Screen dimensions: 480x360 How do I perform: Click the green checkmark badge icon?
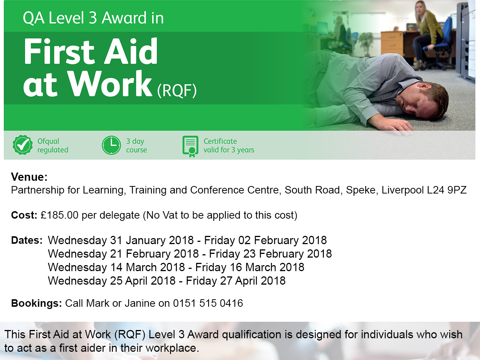(23, 145)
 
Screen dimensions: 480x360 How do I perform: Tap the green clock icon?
(111, 145)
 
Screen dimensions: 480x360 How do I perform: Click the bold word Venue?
(29, 177)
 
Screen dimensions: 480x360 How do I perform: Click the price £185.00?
(60, 215)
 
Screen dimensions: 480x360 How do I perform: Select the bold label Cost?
(24, 215)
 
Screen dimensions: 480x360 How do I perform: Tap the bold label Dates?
(27, 240)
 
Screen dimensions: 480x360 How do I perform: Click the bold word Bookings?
(36, 303)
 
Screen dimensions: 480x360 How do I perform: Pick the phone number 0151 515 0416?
(208, 303)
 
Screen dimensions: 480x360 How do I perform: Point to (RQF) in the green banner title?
(177, 90)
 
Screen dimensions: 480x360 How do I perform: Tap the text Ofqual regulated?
(53, 145)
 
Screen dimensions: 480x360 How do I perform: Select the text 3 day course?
(136, 145)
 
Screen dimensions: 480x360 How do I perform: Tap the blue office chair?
(437, 44)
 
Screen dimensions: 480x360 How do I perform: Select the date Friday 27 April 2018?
(235, 280)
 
